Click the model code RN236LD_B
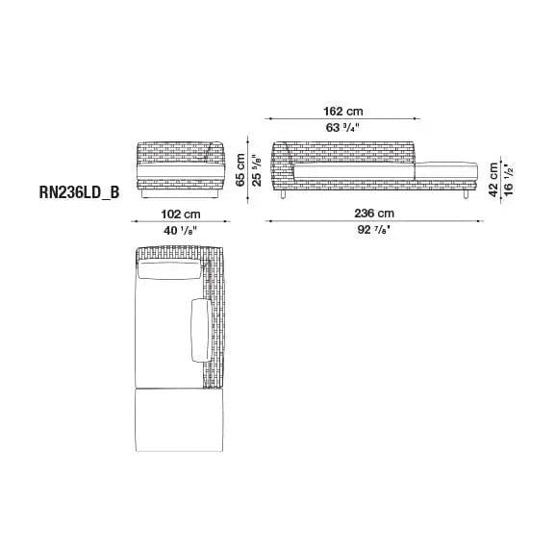tap(79, 192)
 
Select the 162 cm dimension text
tap(343, 112)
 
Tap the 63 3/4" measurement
tap(342, 127)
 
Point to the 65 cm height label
tap(240, 169)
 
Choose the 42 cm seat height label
tap(493, 180)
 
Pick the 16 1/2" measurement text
tap(509, 180)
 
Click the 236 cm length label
tap(374, 214)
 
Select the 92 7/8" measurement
tap(374, 230)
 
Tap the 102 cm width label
tap(181, 214)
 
